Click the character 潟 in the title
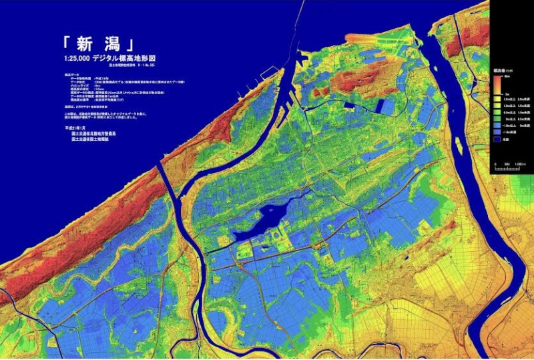112,45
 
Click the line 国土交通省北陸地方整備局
94,134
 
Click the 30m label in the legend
508,77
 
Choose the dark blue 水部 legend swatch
498,140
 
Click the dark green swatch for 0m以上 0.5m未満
498,120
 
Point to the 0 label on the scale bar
495,164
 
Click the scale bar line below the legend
507,169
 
